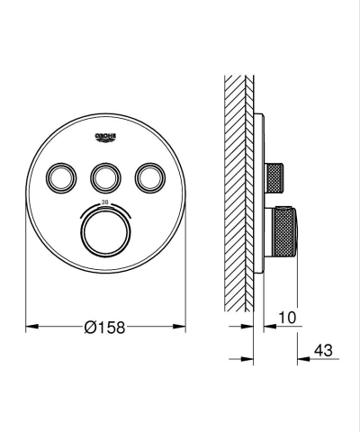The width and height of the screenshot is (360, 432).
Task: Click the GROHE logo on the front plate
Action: pos(105,136)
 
